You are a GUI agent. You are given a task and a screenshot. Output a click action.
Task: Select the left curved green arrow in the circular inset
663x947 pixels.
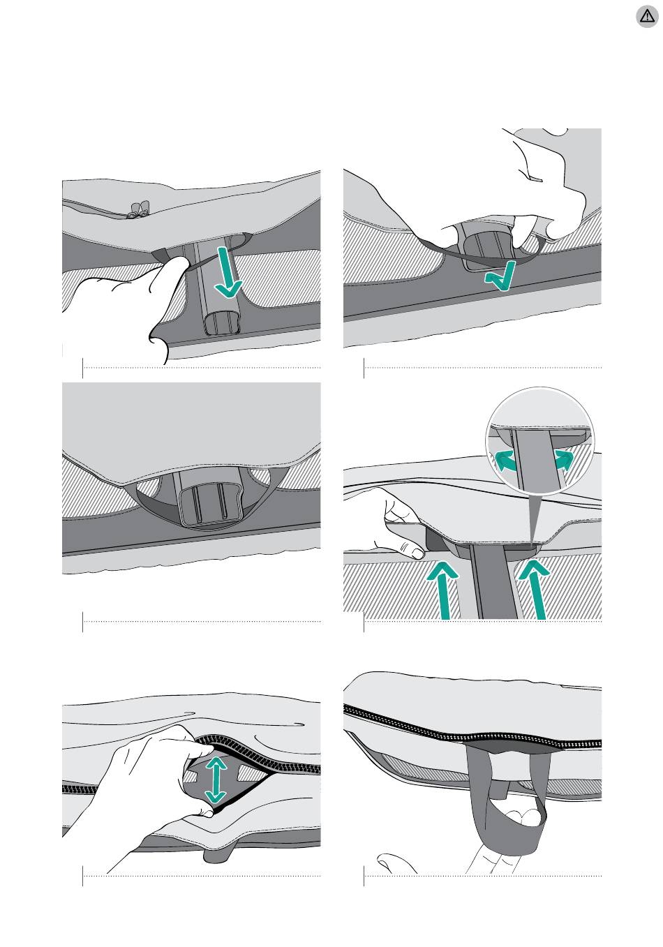pyautogui.click(x=510, y=461)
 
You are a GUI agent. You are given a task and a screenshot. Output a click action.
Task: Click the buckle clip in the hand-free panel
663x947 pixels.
pyautogui.click(x=208, y=506)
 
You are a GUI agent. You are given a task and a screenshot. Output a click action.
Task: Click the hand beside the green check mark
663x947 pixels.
pyautogui.click(x=544, y=188)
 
